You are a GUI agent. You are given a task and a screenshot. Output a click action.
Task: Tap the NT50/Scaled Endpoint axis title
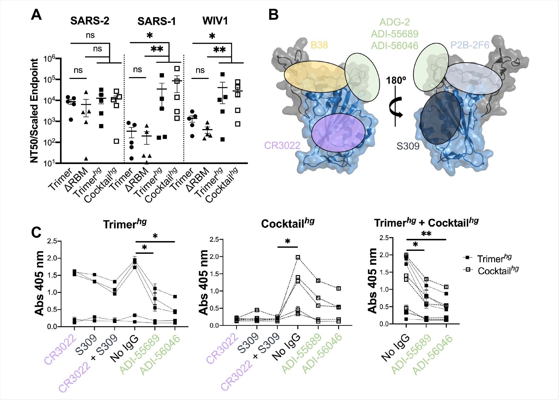[34, 111]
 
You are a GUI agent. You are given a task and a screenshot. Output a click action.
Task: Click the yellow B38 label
[319, 45]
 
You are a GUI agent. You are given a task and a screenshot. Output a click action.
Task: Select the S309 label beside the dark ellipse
[408, 146]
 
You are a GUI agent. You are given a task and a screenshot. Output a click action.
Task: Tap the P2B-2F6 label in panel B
[470, 45]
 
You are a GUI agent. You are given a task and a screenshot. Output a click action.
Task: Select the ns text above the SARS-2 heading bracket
[90, 35]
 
